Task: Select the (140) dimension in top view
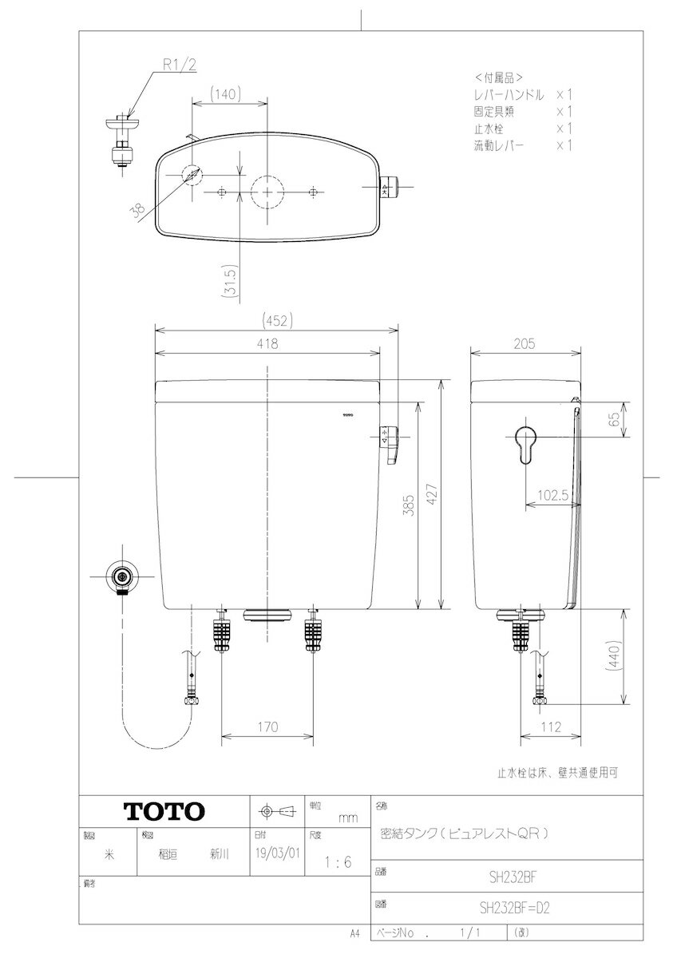pyautogui.click(x=228, y=94)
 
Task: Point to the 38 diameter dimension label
pyautogui.click(x=137, y=210)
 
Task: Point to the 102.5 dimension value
pyautogui.click(x=551, y=495)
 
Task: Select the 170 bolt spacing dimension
pyautogui.click(x=267, y=726)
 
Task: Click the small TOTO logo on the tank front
pyautogui.click(x=349, y=414)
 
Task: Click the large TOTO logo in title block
pyautogui.click(x=164, y=811)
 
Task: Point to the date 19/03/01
pyautogui.click(x=276, y=853)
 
